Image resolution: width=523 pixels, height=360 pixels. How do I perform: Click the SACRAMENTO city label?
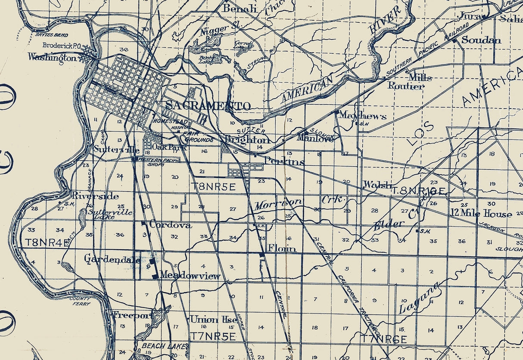[x=208, y=106]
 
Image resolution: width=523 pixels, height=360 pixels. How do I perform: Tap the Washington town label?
[x=52, y=57]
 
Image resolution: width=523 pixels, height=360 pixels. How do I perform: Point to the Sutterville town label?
[x=116, y=150]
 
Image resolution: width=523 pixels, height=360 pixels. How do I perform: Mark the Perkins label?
[x=283, y=161]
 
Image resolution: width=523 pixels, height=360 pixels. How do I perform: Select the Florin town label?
[x=282, y=248]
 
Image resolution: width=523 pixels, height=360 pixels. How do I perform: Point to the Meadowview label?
[x=190, y=276]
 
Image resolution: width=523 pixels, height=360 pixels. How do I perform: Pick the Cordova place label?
[x=170, y=225]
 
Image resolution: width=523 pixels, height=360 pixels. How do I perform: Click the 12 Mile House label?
[x=481, y=214]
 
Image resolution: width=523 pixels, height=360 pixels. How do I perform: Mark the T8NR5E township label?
[x=214, y=186]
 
